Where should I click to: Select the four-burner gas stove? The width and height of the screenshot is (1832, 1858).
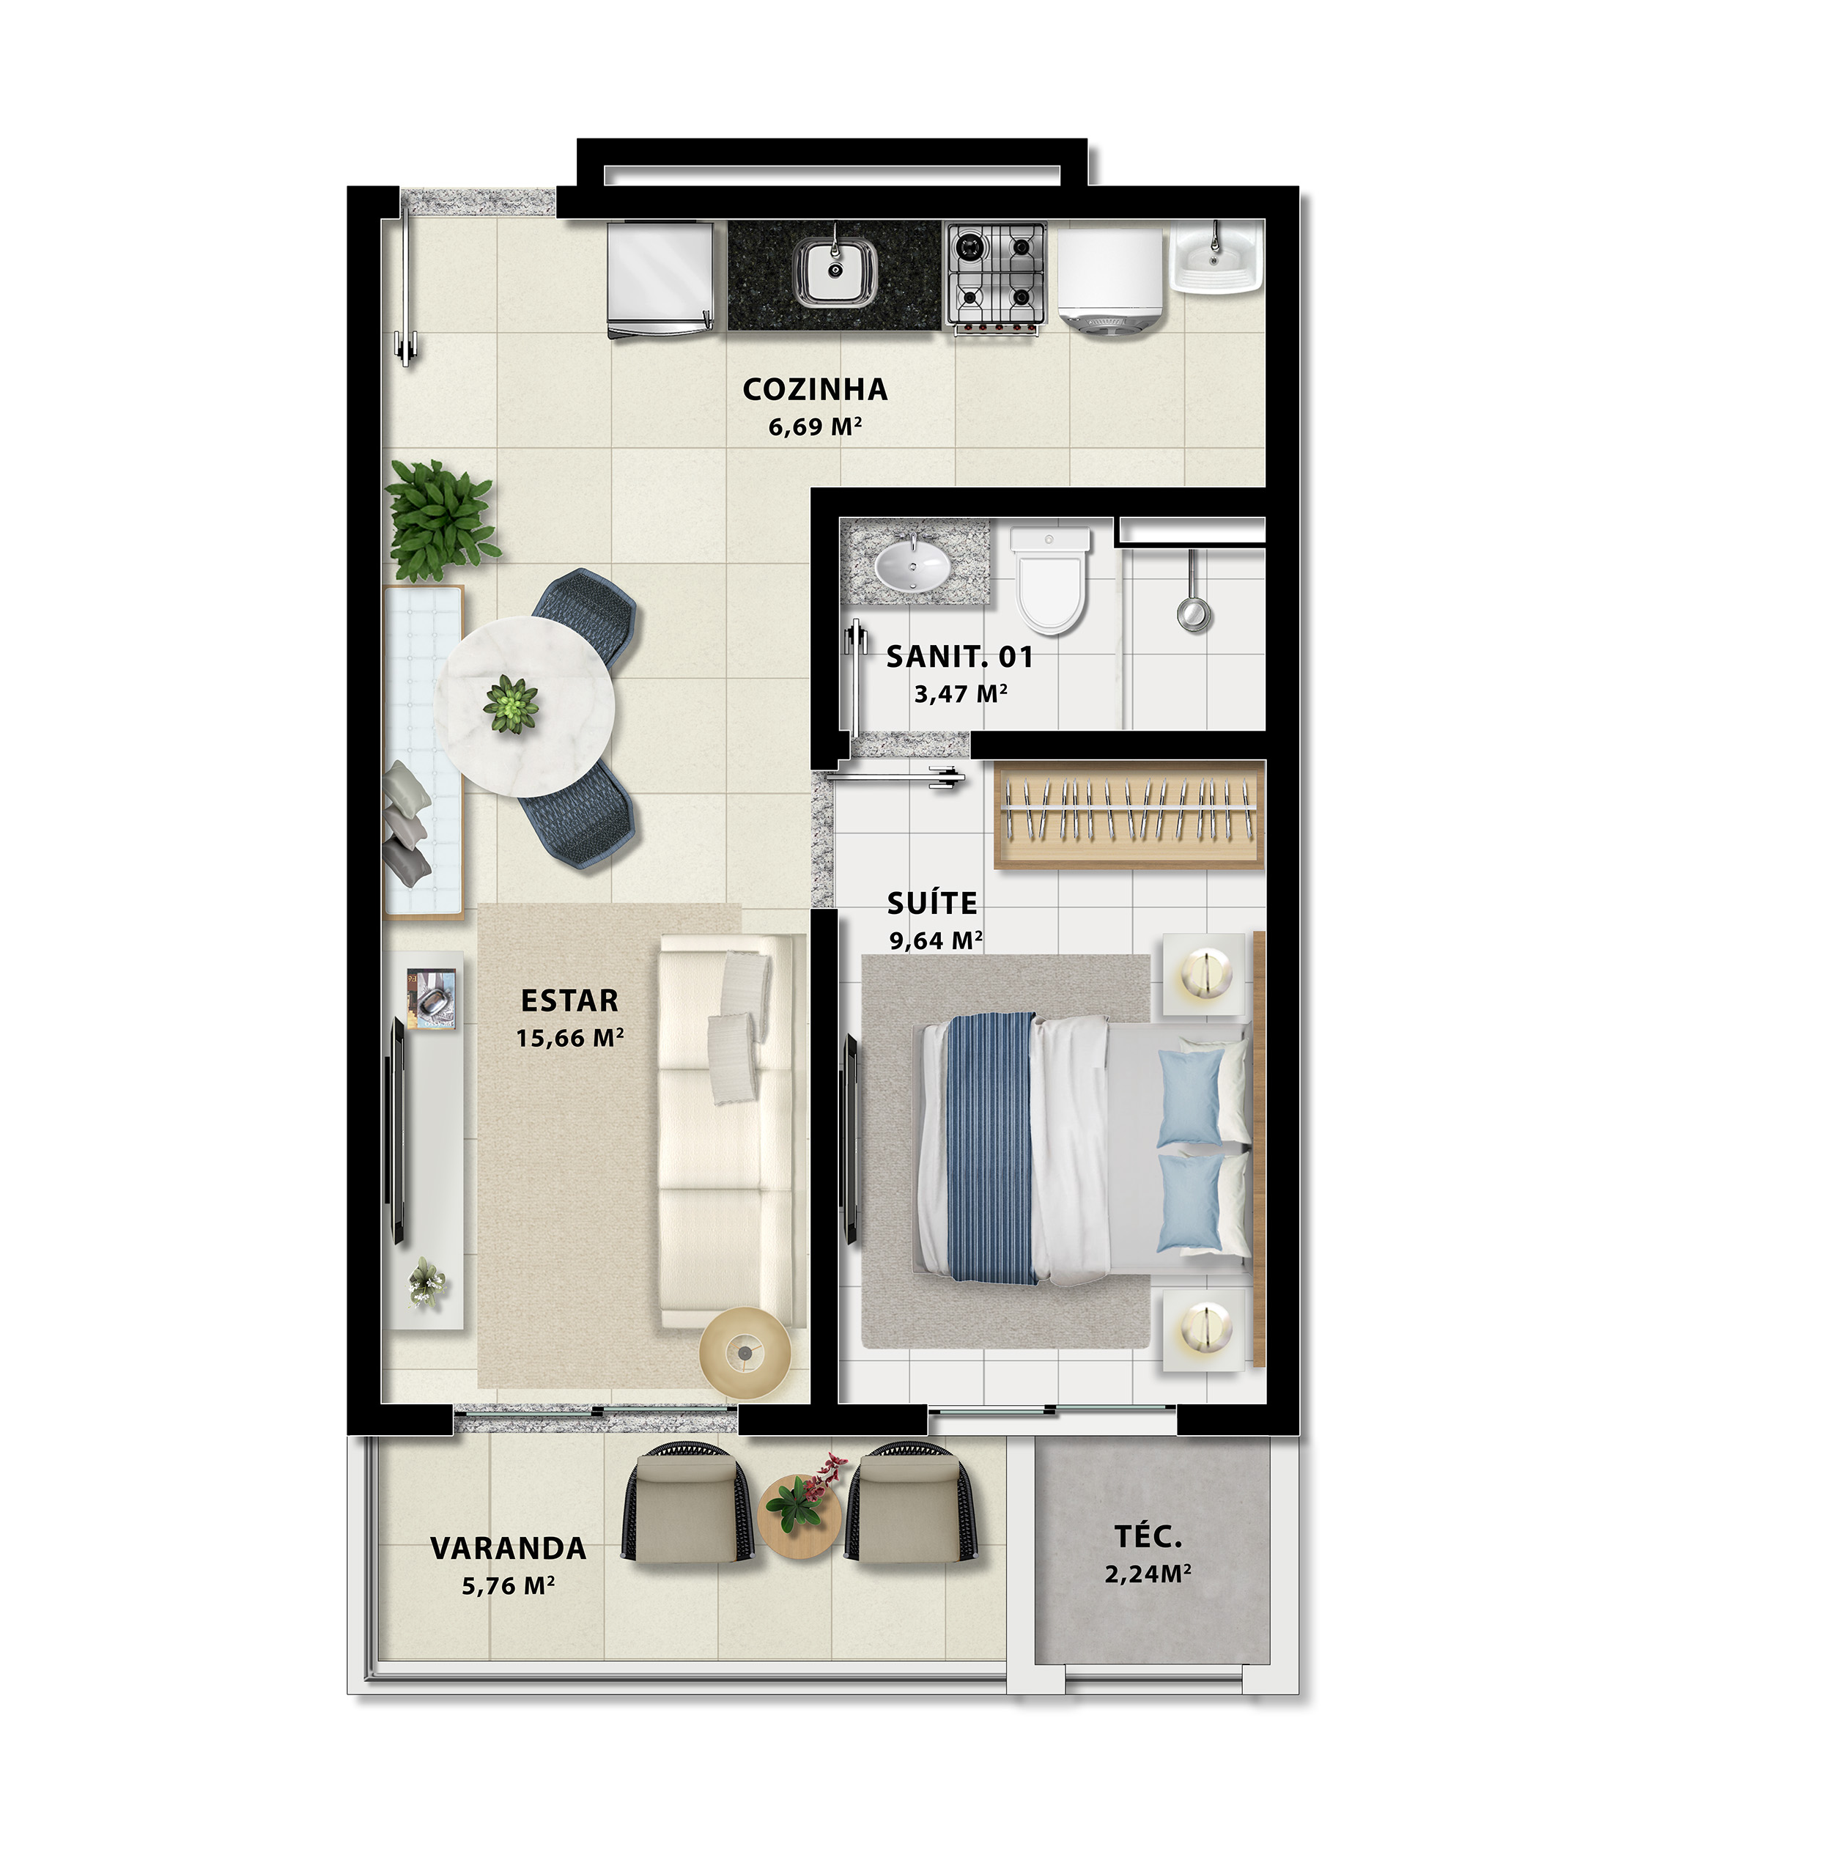click(x=994, y=277)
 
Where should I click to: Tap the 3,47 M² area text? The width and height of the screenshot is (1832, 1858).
click(x=960, y=693)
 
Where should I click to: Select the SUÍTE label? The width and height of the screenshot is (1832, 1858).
click(x=932, y=903)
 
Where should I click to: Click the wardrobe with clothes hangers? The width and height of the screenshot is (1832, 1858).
click(x=1128, y=814)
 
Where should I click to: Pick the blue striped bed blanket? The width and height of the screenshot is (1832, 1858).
click(x=991, y=1149)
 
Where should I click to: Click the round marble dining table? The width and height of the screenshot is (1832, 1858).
click(x=524, y=706)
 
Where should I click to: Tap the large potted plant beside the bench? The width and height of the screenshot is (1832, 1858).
click(x=440, y=520)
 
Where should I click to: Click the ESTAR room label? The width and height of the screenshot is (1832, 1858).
click(x=569, y=1001)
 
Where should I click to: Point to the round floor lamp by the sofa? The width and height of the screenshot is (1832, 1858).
click(x=745, y=1353)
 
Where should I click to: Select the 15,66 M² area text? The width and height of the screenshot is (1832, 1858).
click(x=569, y=1038)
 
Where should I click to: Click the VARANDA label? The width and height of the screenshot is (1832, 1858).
click(x=508, y=1548)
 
